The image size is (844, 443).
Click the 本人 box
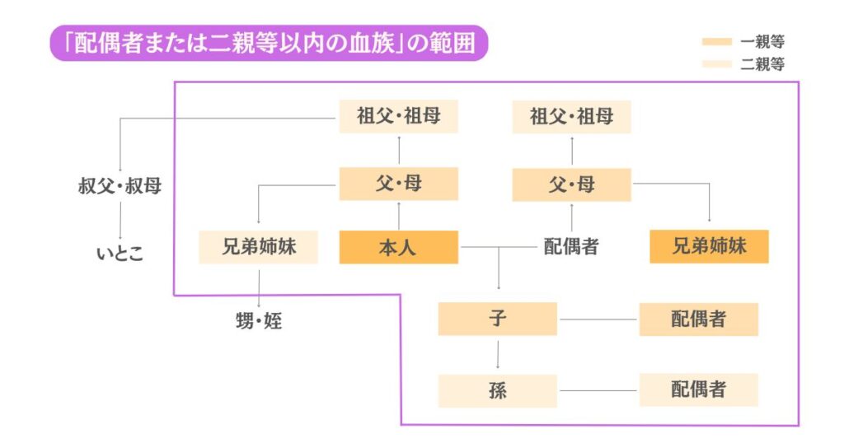pos(398,247)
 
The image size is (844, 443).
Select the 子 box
pos(497,319)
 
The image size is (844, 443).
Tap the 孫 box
pos(497,390)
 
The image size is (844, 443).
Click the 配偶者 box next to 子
pos(698,319)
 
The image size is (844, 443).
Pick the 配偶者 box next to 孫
pos(698,389)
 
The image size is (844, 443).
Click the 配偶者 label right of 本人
pos(570,247)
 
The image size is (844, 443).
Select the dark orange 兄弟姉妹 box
pos(709,247)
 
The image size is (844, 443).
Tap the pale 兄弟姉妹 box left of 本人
pos(258,247)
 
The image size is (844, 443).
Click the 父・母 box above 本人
pos(398,184)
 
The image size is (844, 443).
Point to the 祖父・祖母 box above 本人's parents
pos(398,116)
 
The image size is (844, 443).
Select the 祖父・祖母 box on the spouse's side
pos(571,116)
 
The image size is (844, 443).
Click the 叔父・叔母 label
pos(120,186)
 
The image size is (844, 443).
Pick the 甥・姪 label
pos(259,321)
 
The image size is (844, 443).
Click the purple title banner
pos(268,44)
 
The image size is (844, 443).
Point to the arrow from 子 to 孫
pos(497,354)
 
